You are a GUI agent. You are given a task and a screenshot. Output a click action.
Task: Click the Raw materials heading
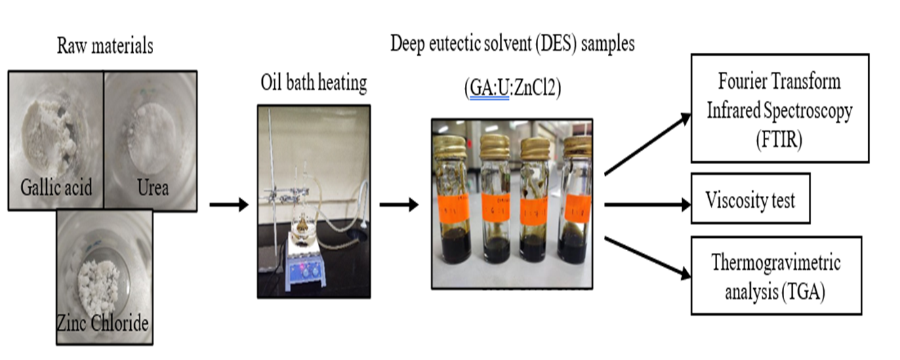pos(105,47)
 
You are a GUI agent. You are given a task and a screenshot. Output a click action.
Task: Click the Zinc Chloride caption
pos(104,323)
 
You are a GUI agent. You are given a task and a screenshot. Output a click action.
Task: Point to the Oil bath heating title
pos(314,83)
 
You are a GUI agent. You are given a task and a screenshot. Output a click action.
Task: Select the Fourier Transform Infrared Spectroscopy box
pos(779,108)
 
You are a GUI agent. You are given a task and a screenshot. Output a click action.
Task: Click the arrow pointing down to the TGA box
pos(647,257)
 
